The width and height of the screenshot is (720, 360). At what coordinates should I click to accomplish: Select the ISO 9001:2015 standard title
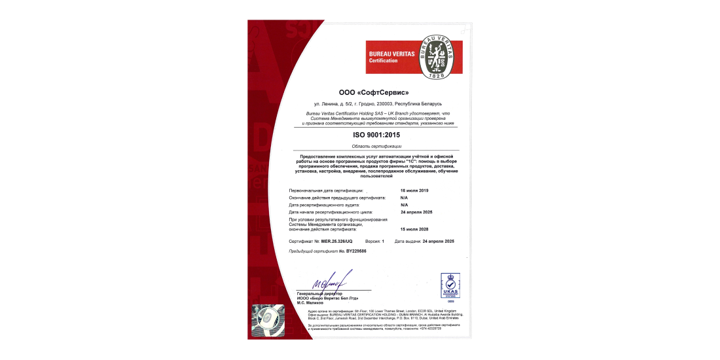[x=376, y=135]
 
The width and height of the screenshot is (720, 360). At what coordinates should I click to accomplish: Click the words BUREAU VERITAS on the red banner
[x=391, y=54]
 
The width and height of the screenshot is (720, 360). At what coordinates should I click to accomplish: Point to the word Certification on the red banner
[x=384, y=61]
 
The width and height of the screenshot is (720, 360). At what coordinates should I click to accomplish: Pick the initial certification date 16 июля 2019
[x=414, y=190]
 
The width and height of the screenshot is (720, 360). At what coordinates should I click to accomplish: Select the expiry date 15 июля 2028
[x=414, y=230]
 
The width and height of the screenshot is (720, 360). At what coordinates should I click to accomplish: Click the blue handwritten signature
[x=333, y=281]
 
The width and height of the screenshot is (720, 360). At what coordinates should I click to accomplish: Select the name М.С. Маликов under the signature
[x=311, y=302]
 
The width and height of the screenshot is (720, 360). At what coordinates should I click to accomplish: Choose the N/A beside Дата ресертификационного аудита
[x=404, y=205]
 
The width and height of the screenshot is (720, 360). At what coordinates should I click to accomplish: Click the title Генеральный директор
[x=318, y=293]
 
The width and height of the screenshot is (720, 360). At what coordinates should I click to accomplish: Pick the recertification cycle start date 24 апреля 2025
[x=416, y=212]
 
